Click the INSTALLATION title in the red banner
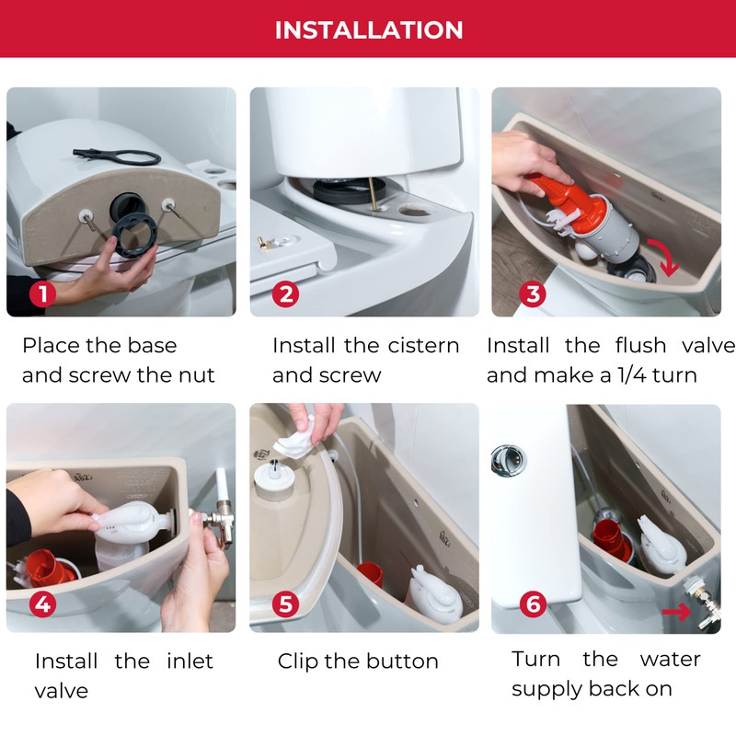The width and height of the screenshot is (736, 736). click(x=368, y=29)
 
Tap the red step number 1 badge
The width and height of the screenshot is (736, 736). click(x=42, y=294)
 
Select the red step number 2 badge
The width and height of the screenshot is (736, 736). click(x=287, y=294)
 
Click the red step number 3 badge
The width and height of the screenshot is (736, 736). click(x=531, y=294)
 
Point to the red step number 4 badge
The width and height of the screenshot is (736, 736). click(x=42, y=604)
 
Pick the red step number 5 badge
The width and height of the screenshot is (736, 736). click(x=287, y=604)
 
